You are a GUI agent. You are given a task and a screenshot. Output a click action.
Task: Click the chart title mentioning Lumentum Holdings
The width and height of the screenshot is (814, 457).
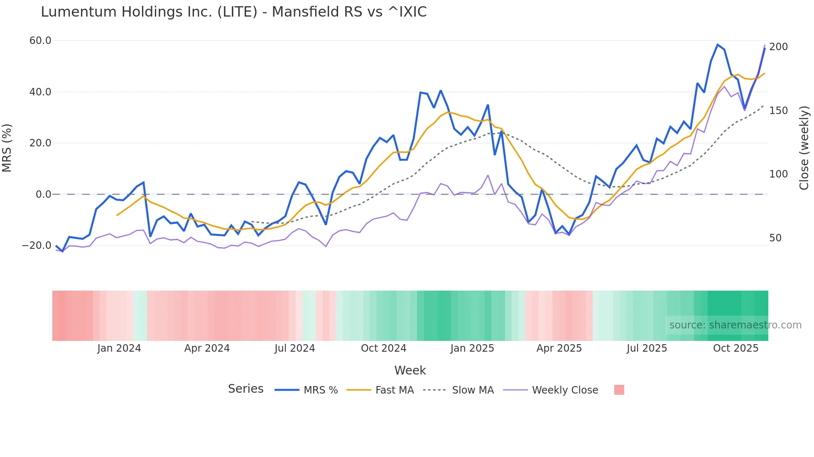coord(233,12)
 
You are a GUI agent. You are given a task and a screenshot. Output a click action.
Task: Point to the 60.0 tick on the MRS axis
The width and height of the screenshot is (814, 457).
coord(40,41)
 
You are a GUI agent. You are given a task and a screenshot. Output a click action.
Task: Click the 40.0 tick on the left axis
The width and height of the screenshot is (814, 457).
coord(40,92)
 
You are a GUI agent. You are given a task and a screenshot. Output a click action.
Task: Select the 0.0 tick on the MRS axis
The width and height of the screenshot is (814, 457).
coord(43,194)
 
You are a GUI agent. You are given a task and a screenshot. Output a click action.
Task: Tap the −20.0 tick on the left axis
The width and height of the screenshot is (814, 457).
coord(37,246)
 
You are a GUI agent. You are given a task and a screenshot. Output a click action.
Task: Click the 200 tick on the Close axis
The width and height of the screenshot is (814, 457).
coord(778,47)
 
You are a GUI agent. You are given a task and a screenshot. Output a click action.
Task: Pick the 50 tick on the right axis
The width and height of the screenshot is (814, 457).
coord(775,238)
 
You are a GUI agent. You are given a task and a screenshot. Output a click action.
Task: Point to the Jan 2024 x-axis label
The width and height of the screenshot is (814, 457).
coord(119,348)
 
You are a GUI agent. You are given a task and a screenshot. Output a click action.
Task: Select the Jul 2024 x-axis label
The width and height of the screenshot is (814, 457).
coord(295,348)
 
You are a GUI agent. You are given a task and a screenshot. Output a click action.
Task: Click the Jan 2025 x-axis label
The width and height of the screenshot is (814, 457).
coord(472,348)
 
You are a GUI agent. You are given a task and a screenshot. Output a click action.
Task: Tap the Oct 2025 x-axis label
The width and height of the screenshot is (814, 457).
coord(736,348)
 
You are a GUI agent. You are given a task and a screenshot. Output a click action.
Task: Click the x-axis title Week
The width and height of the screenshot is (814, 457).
coord(410,370)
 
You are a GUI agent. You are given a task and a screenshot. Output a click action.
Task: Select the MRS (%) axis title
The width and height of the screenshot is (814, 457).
coord(7,148)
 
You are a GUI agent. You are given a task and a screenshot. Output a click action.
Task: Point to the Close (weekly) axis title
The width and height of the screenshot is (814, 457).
coord(804,148)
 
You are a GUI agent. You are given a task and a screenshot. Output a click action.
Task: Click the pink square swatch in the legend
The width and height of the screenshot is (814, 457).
coord(619,390)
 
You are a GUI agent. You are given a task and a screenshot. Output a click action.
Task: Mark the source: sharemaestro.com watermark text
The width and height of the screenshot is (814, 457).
coord(735,325)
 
